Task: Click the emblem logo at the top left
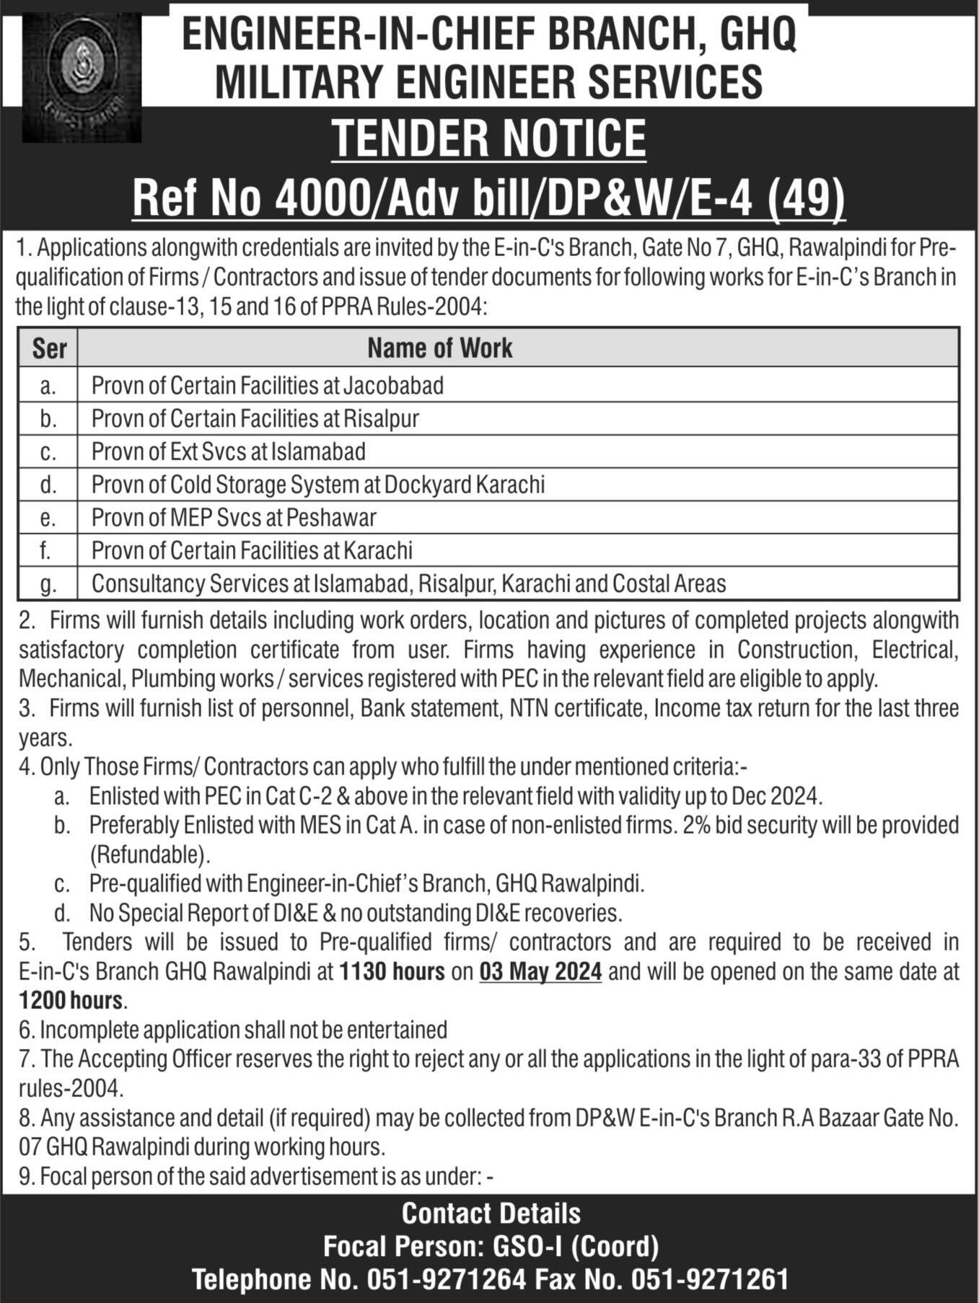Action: [82, 78]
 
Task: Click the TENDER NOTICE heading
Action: [488, 138]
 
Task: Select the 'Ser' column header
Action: [48, 348]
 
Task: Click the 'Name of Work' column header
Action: [439, 348]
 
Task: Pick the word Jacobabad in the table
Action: [393, 386]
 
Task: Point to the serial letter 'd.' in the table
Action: [48, 485]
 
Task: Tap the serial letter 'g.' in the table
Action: [48, 584]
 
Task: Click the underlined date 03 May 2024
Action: [540, 972]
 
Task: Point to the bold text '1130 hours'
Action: [392, 972]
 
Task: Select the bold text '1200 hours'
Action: [71, 1001]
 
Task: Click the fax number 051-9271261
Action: [711, 1280]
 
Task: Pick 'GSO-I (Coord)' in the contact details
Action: [576, 1246]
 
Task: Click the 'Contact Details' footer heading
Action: [491, 1214]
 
